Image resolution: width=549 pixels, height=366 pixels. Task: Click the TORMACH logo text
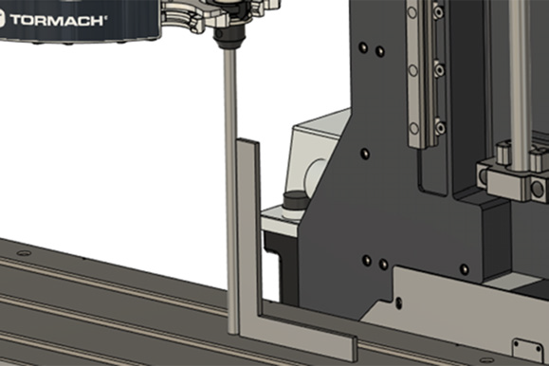58,20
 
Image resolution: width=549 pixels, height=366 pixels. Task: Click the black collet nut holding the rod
230,37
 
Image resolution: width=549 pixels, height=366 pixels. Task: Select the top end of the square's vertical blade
247,141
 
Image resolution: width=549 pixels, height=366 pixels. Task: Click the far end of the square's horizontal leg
355,349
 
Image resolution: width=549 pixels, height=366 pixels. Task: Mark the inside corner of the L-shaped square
262,315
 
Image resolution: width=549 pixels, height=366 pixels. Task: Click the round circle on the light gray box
316,175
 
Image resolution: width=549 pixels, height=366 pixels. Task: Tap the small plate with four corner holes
528,350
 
